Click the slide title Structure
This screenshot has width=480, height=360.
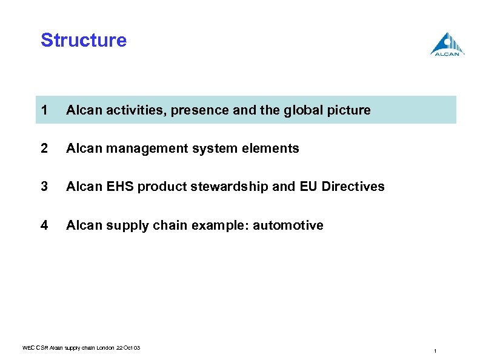point(84,41)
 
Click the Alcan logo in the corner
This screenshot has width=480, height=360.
point(448,45)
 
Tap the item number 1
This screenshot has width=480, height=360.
point(43,110)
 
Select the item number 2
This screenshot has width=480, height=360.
point(44,148)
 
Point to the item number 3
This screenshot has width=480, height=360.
point(44,187)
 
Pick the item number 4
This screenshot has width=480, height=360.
point(44,225)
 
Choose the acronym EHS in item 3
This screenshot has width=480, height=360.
point(119,187)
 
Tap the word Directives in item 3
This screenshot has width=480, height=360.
point(353,187)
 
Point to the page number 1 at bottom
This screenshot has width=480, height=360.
point(435,352)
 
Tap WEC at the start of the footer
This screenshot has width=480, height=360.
point(28,347)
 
